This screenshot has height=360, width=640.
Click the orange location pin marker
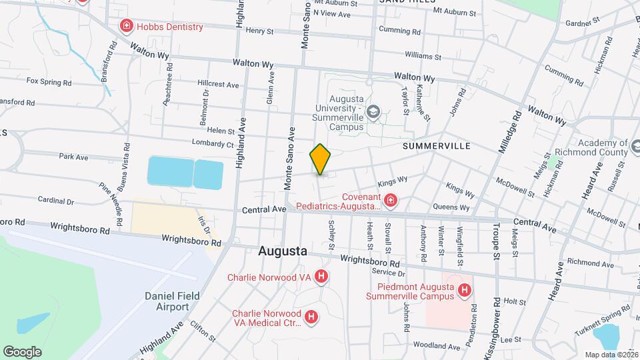(x=321, y=159)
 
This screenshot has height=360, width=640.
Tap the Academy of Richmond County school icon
(x=624, y=144)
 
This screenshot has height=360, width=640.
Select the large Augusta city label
(x=283, y=252)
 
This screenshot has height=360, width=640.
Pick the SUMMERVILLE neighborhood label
(x=437, y=145)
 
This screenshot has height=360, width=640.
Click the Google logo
(x=22, y=352)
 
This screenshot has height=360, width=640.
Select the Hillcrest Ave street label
(x=218, y=85)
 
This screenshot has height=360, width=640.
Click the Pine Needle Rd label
(x=111, y=198)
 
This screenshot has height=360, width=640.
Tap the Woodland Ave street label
(x=437, y=346)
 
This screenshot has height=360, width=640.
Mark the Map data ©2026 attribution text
(x=610, y=355)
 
